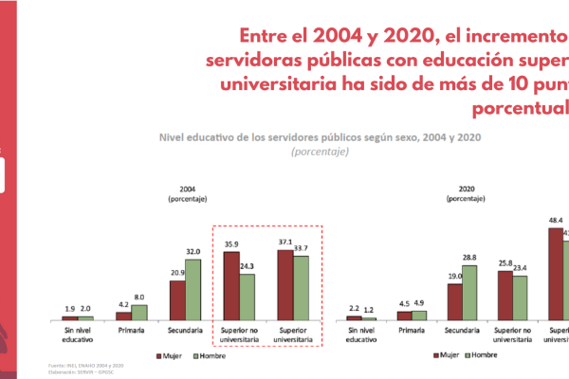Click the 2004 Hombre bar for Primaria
tap(139, 312)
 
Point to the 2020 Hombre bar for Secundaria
tap(469, 292)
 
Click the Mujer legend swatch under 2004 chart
tap(160, 356)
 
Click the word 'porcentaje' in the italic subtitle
tap(321, 152)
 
